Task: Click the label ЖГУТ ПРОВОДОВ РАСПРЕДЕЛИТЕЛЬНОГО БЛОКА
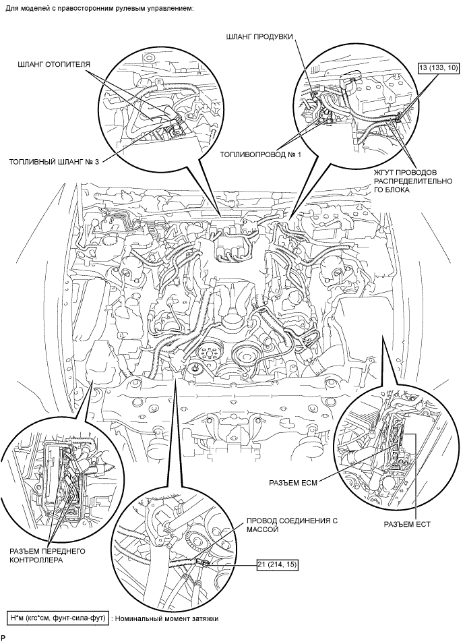click(x=411, y=181)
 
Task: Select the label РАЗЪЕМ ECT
click(x=406, y=523)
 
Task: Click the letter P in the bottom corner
click(x=3, y=637)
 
